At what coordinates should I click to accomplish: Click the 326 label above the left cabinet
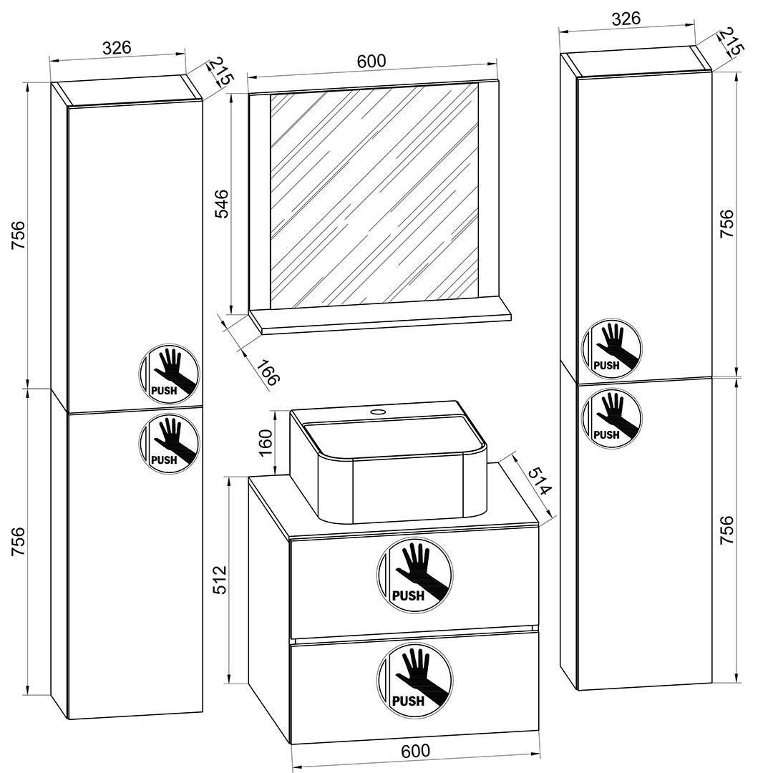(x=117, y=48)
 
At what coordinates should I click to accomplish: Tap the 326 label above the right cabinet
(x=626, y=19)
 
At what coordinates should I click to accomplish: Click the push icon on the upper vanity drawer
(x=414, y=575)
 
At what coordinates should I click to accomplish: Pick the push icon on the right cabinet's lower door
(x=611, y=417)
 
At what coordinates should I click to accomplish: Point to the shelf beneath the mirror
(x=381, y=319)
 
